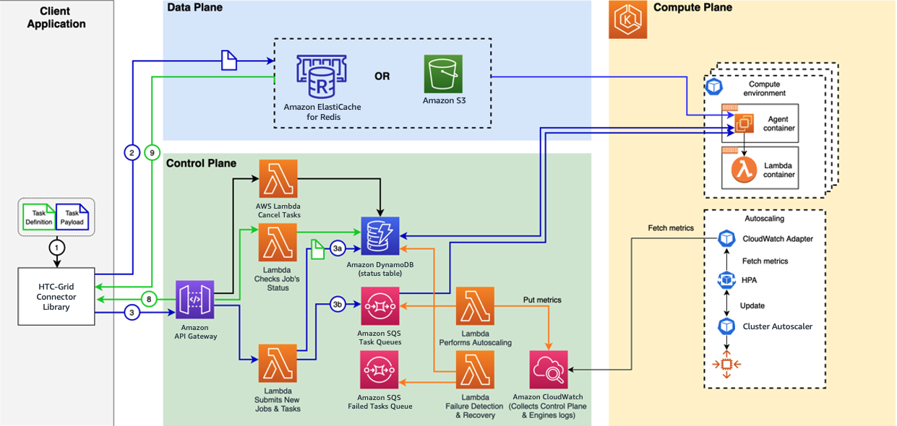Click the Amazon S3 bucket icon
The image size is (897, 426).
tap(443, 74)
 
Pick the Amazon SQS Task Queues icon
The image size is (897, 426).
tap(379, 306)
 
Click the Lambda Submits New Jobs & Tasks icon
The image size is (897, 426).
tap(278, 365)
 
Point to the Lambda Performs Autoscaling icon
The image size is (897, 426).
tap(475, 306)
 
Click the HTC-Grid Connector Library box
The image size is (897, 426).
tap(56, 297)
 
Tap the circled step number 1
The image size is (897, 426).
tap(56, 247)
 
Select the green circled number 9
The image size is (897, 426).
tap(151, 153)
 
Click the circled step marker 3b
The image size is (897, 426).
tap(338, 304)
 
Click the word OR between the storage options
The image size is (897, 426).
tap(382, 76)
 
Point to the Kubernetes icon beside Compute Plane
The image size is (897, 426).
tap(628, 19)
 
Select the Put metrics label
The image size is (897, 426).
tap(542, 299)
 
